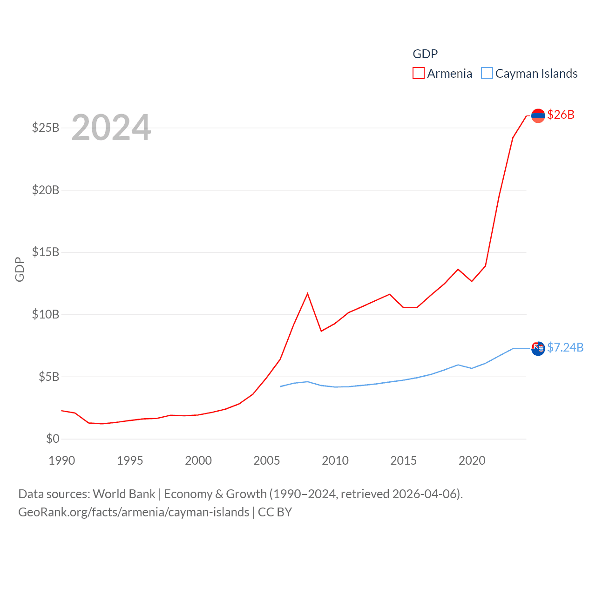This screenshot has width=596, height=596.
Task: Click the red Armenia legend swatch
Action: pyautogui.click(x=418, y=74)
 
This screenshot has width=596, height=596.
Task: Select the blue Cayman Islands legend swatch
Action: pyautogui.click(x=487, y=74)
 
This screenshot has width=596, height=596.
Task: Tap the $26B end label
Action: pyautogui.click(x=561, y=115)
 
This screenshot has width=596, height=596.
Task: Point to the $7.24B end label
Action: pyautogui.click(x=565, y=347)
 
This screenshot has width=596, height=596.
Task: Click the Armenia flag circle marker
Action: pyautogui.click(x=538, y=115)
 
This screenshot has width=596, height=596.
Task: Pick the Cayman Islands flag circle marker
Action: pyautogui.click(x=538, y=348)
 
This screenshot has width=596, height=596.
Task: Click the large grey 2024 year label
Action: pyautogui.click(x=111, y=128)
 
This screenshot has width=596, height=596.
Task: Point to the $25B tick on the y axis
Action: pyautogui.click(x=46, y=128)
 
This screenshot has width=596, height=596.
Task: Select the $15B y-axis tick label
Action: pyautogui.click(x=46, y=252)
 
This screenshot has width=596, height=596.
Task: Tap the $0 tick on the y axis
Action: pyautogui.click(x=53, y=439)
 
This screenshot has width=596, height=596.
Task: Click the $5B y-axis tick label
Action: pyautogui.click(x=49, y=376)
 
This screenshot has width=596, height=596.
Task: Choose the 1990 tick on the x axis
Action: pyautogui.click(x=61, y=461)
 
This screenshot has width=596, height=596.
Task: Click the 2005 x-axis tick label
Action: pyautogui.click(x=267, y=461)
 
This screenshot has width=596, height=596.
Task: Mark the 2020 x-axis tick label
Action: pyautogui.click(x=472, y=461)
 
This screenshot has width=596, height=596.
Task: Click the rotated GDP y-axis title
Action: pyautogui.click(x=20, y=269)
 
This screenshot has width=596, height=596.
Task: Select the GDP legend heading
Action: pyautogui.click(x=425, y=54)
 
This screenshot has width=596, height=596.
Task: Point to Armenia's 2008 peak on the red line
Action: pyautogui.click(x=307, y=293)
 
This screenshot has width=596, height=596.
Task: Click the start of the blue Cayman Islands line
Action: pyautogui.click(x=280, y=386)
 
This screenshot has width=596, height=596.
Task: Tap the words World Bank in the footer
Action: pyautogui.click(x=124, y=494)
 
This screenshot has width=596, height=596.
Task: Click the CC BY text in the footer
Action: pyautogui.click(x=275, y=512)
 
